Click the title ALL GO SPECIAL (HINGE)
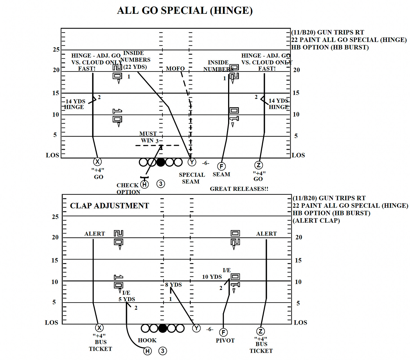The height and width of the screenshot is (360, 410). [185, 11]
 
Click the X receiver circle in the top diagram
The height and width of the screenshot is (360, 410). [97, 162]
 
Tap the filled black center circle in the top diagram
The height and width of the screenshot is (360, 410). [161, 162]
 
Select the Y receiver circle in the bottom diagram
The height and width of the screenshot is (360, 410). [196, 328]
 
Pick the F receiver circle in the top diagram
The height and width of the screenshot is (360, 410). [222, 166]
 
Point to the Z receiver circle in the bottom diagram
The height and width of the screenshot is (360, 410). [260, 331]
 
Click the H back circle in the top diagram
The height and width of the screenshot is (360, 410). [144, 184]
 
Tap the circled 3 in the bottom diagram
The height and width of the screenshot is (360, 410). [162, 351]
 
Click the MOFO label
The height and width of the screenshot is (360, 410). [175, 69]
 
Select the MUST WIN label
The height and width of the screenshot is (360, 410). [148, 137]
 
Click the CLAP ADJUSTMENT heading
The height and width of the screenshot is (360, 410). [109, 206]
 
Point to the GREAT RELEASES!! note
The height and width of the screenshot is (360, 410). [239, 189]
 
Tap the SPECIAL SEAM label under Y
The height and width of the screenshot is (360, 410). [192, 178]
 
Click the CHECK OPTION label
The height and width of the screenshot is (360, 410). [128, 189]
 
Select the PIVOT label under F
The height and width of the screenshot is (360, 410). [225, 341]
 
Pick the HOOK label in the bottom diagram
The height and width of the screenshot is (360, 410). [147, 340]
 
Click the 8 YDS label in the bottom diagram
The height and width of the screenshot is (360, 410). [173, 285]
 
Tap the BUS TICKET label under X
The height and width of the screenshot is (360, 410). [101, 345]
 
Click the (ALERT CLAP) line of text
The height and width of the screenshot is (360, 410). [316, 221]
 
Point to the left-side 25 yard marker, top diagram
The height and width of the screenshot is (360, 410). [56, 50]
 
